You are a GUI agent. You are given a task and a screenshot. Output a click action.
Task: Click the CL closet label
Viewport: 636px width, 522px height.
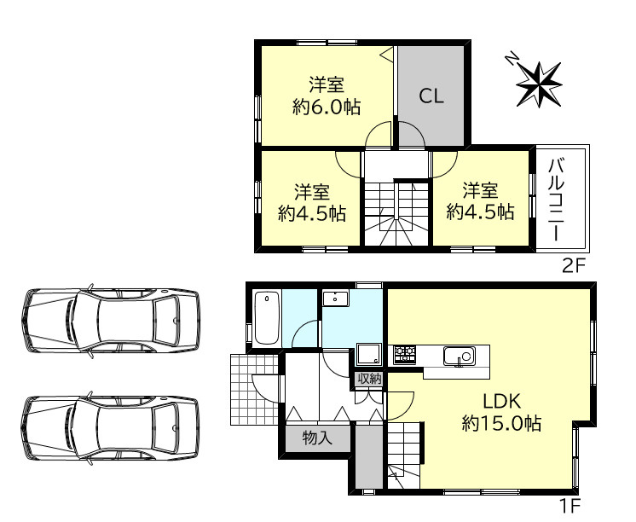(x=431, y=96)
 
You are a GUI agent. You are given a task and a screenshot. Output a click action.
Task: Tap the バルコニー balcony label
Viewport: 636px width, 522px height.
(x=557, y=200)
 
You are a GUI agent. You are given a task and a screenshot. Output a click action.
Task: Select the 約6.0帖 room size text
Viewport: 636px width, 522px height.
(x=327, y=107)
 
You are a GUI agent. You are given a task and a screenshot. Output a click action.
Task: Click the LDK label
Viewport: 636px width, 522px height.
(x=501, y=402)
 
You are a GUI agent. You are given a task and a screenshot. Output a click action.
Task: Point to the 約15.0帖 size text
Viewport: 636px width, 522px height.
(x=501, y=423)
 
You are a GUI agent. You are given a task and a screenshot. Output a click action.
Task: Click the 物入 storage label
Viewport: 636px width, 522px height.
(x=318, y=438)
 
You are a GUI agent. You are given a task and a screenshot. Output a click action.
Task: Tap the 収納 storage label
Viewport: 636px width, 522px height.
(x=369, y=379)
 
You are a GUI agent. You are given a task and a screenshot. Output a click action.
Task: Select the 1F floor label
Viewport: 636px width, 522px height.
(x=570, y=506)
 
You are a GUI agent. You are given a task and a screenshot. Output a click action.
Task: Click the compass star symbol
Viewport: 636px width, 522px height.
(x=539, y=84)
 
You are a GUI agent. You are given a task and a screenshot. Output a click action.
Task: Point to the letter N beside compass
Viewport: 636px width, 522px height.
(x=512, y=59)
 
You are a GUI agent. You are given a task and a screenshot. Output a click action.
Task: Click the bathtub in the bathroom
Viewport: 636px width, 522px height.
(x=267, y=318)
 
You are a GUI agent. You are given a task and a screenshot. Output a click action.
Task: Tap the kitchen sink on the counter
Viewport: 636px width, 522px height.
(x=460, y=356)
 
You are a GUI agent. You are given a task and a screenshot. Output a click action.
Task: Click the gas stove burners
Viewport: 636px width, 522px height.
(x=404, y=354)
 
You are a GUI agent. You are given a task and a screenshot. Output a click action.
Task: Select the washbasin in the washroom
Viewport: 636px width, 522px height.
(x=335, y=299)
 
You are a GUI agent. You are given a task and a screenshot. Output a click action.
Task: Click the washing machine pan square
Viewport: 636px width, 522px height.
(x=368, y=354)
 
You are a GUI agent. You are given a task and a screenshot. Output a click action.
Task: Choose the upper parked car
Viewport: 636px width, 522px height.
(x=111, y=321)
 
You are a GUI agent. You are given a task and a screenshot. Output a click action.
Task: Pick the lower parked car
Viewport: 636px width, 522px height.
(x=110, y=427)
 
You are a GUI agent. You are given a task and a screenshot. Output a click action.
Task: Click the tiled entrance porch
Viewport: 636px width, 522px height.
(x=254, y=390)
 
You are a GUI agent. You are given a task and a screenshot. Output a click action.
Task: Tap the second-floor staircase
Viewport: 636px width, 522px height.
(x=396, y=213)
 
